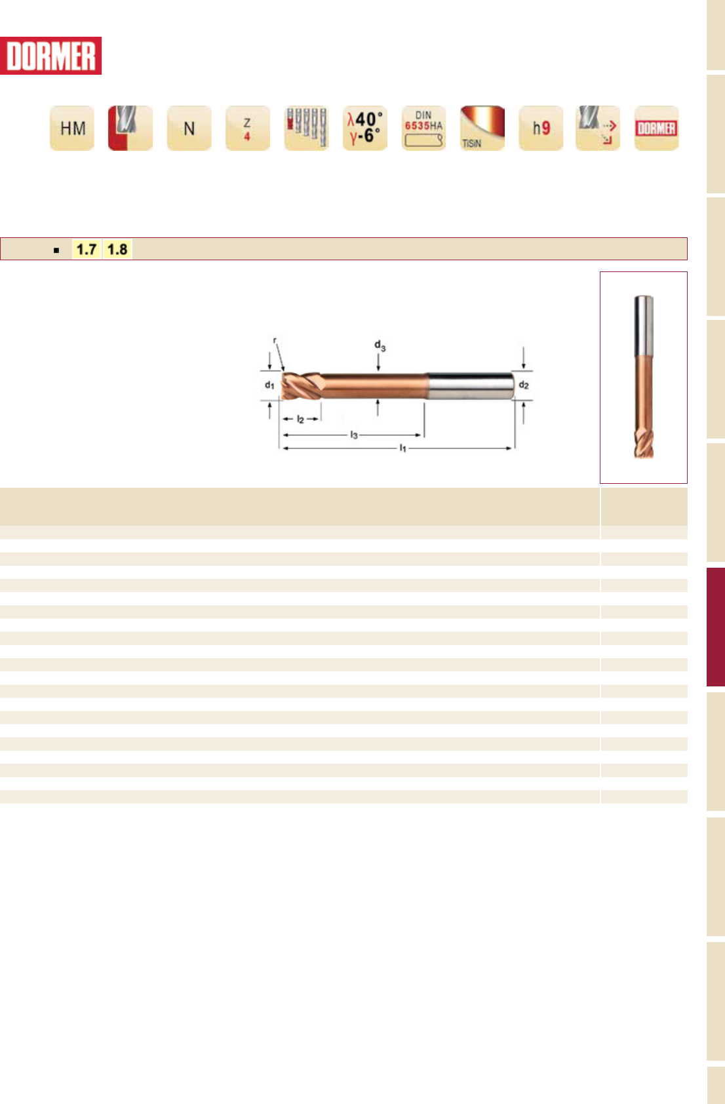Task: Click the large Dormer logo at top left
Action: click(x=50, y=56)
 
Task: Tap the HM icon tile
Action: click(x=72, y=128)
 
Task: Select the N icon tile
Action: click(x=189, y=128)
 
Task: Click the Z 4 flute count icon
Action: click(x=247, y=128)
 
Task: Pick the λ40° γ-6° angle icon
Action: click(x=364, y=128)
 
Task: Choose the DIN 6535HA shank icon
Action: click(x=423, y=128)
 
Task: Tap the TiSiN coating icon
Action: click(x=482, y=128)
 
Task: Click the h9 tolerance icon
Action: click(x=541, y=128)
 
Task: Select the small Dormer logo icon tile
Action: click(x=656, y=128)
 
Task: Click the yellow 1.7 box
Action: click(x=87, y=249)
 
